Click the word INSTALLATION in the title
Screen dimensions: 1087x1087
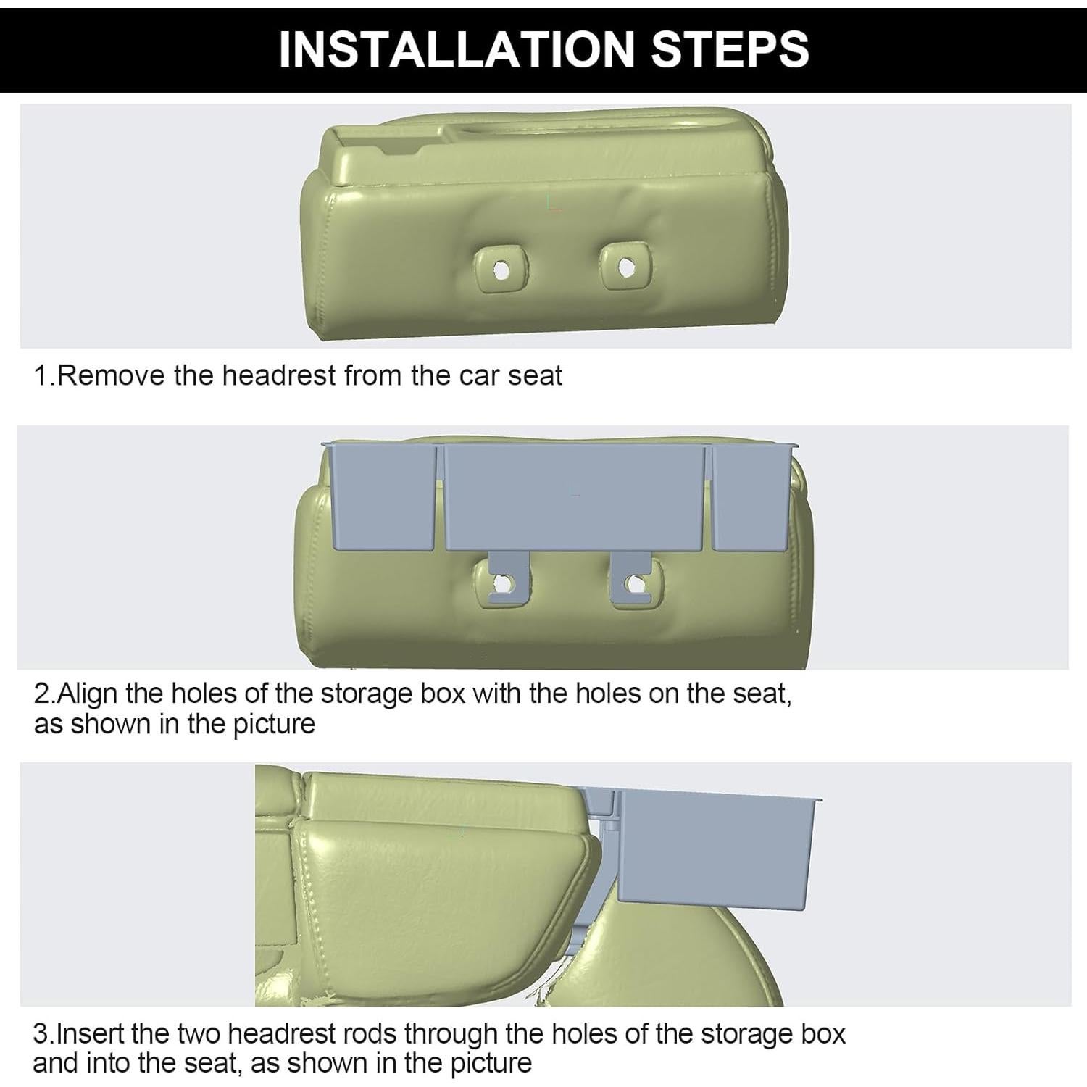pyautogui.click(x=457, y=49)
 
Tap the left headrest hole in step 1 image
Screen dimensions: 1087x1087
pyautogui.click(x=500, y=270)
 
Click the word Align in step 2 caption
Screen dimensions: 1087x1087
pyautogui.click(x=87, y=694)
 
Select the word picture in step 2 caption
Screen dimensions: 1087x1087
pyautogui.click(x=273, y=724)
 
